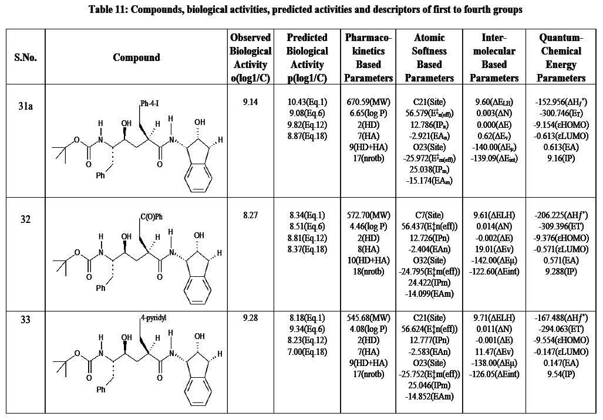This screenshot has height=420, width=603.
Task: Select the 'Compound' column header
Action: (136, 57)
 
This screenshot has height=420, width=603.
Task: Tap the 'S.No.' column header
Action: (25, 57)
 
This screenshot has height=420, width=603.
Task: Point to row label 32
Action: (25, 219)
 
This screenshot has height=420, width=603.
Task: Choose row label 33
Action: (25, 320)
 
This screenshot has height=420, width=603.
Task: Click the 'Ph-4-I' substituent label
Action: (150, 104)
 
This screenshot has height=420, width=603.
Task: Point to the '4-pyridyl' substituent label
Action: (154, 318)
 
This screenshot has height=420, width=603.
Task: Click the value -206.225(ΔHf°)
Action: (562, 216)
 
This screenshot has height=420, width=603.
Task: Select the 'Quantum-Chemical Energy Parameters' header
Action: (561, 57)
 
